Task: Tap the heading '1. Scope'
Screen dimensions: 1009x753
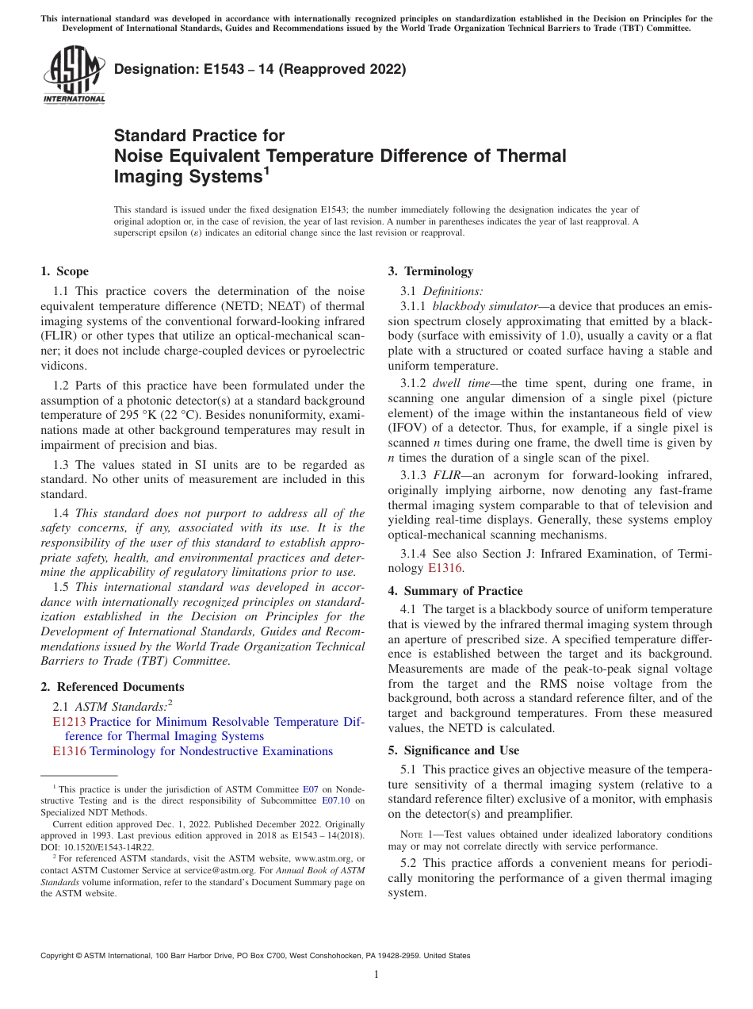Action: [x=64, y=271]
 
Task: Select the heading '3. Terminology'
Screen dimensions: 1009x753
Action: [x=430, y=271]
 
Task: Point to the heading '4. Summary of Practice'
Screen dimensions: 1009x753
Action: [x=455, y=591]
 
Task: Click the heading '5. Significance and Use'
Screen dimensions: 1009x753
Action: [x=453, y=750]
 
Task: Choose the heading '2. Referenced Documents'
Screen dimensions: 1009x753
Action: [x=112, y=687]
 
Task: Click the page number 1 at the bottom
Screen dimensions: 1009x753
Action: [x=376, y=975]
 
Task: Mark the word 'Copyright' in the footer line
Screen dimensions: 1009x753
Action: [x=59, y=956]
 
